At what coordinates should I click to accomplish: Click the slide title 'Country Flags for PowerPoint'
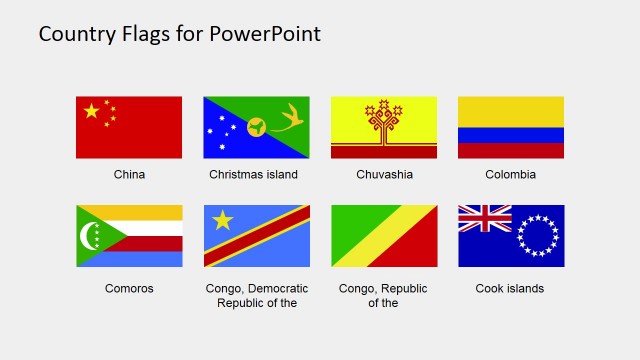click(x=180, y=34)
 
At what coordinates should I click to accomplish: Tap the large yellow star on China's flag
click(x=91, y=111)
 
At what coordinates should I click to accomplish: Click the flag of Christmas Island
click(x=256, y=127)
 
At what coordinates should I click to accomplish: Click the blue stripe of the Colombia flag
click(x=511, y=135)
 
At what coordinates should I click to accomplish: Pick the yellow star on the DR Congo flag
click(x=222, y=220)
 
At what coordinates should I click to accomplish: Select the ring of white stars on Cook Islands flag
click(x=537, y=236)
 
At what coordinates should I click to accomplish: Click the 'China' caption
click(x=129, y=174)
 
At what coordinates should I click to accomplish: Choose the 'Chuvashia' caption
click(x=384, y=174)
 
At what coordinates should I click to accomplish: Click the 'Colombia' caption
click(x=511, y=174)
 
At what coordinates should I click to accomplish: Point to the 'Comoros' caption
click(x=129, y=289)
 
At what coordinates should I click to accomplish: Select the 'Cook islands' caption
click(x=510, y=289)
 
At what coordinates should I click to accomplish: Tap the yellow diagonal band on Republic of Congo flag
click(x=384, y=236)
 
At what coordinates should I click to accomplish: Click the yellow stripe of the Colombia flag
click(x=511, y=111)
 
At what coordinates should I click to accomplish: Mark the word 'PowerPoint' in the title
click(x=266, y=34)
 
